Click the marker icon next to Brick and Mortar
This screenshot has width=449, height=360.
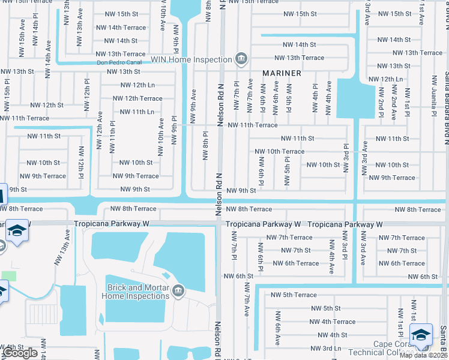(178, 292)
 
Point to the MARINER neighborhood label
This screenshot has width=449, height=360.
(282, 73)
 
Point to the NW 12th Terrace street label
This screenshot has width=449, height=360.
(137, 98)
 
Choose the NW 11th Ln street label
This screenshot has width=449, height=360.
(137, 112)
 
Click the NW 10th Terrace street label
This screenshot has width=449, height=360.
(279, 152)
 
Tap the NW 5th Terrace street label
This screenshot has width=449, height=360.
(293, 295)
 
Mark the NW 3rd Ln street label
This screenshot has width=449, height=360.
(325, 348)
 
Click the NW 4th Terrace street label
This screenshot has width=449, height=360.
(332, 322)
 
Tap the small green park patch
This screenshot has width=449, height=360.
(8, 275)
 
